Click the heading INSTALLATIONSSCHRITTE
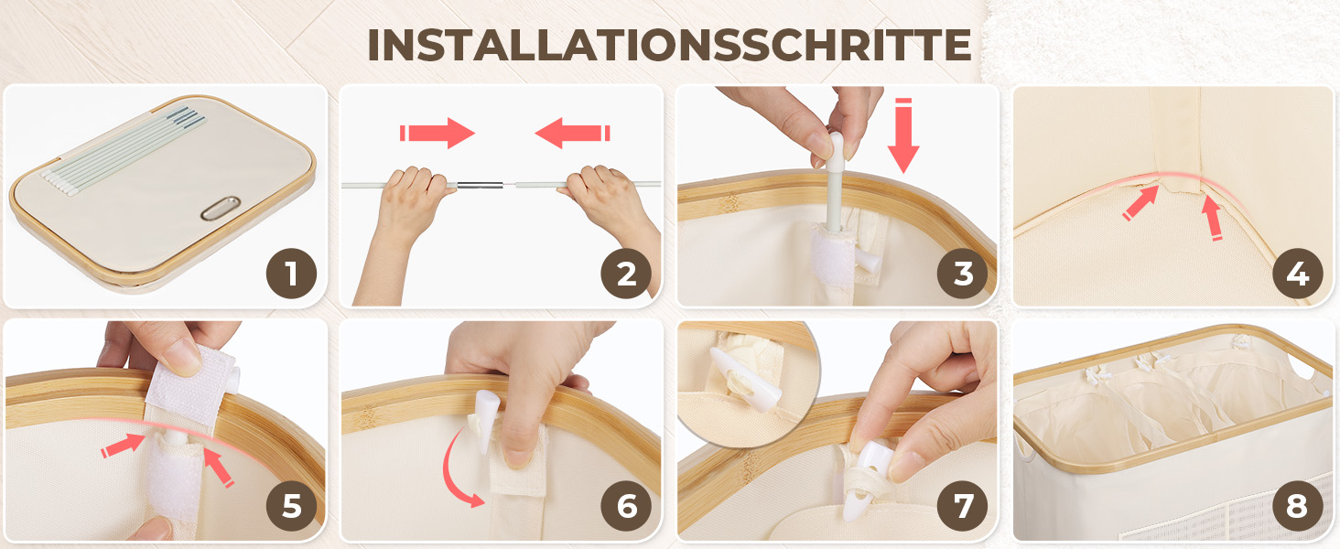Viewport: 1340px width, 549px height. [x=669, y=45]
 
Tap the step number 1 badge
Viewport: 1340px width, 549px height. [x=291, y=274]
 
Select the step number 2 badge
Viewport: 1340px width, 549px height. [x=626, y=274]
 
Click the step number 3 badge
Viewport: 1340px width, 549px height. [x=963, y=274]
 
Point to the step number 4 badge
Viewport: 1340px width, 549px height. [x=1298, y=274]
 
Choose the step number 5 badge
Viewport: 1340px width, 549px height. [x=291, y=506]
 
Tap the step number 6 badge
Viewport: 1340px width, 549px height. [x=626, y=506]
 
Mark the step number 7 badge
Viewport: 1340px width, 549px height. [x=963, y=506]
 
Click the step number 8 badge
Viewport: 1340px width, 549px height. [x=1298, y=506]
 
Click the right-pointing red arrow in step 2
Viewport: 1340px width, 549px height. [x=438, y=133]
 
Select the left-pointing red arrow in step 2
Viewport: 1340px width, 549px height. [x=572, y=133]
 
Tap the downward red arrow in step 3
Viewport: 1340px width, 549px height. [x=903, y=135]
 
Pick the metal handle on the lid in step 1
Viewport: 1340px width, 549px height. [x=221, y=208]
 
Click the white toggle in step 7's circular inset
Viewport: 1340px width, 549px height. [x=745, y=380]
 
